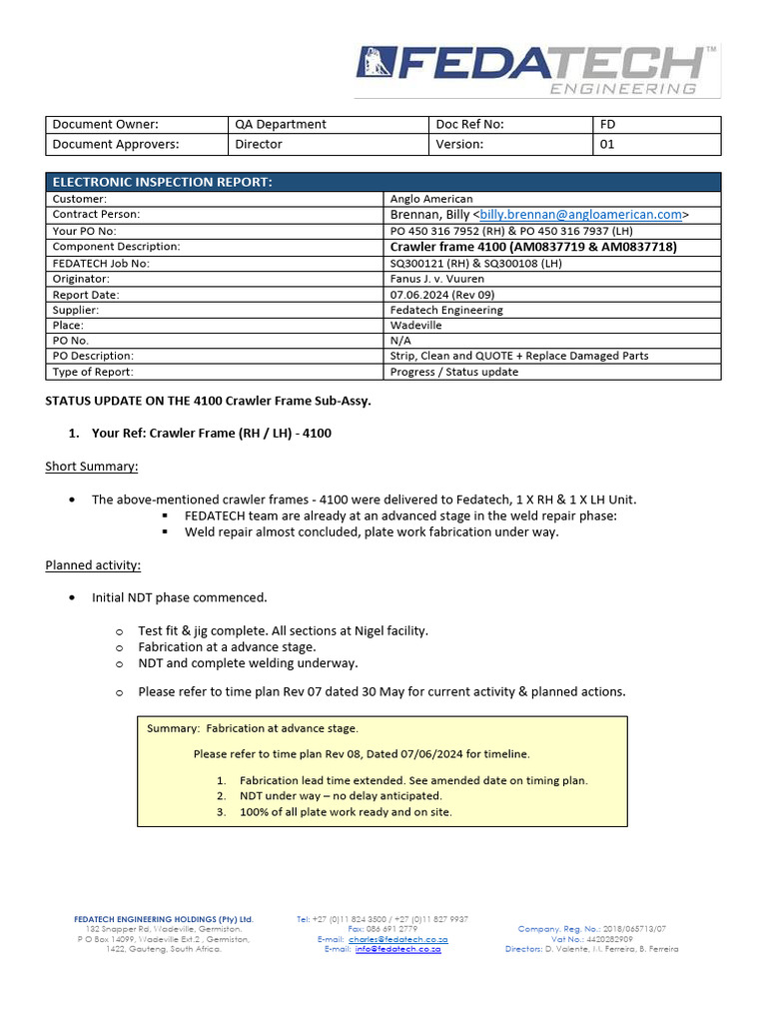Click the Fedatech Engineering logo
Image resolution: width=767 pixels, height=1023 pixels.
(x=536, y=71)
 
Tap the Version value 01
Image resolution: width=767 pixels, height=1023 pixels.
(x=607, y=144)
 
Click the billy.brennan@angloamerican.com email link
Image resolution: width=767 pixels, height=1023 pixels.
(x=581, y=214)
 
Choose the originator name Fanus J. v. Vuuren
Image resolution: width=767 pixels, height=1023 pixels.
(x=436, y=279)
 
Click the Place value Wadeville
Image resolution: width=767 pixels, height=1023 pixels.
(x=415, y=326)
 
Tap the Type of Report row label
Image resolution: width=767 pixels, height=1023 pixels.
(x=93, y=372)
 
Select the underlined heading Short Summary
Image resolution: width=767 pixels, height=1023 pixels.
(x=92, y=467)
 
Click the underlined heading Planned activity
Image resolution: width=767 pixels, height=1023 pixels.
(x=93, y=565)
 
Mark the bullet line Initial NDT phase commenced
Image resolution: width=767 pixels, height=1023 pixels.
(x=180, y=597)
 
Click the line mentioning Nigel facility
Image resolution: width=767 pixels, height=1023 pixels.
(x=283, y=630)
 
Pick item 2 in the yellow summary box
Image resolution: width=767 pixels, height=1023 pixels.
(x=340, y=796)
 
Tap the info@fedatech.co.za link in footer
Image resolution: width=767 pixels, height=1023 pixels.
(x=397, y=949)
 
